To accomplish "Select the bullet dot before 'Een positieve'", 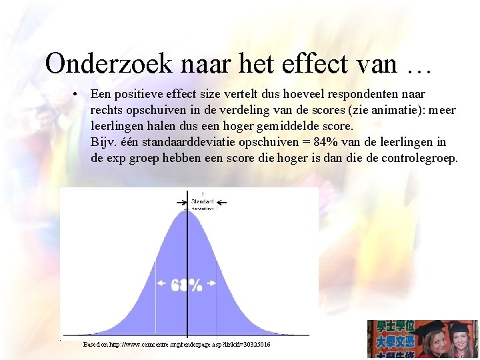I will pos(78,94).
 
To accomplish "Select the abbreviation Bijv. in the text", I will pos(103,142).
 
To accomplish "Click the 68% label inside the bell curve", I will pos(187,285).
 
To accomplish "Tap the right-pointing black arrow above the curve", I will pos(180,202).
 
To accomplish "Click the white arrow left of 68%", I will pos(162,283).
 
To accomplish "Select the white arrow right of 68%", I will pos(211,283).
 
